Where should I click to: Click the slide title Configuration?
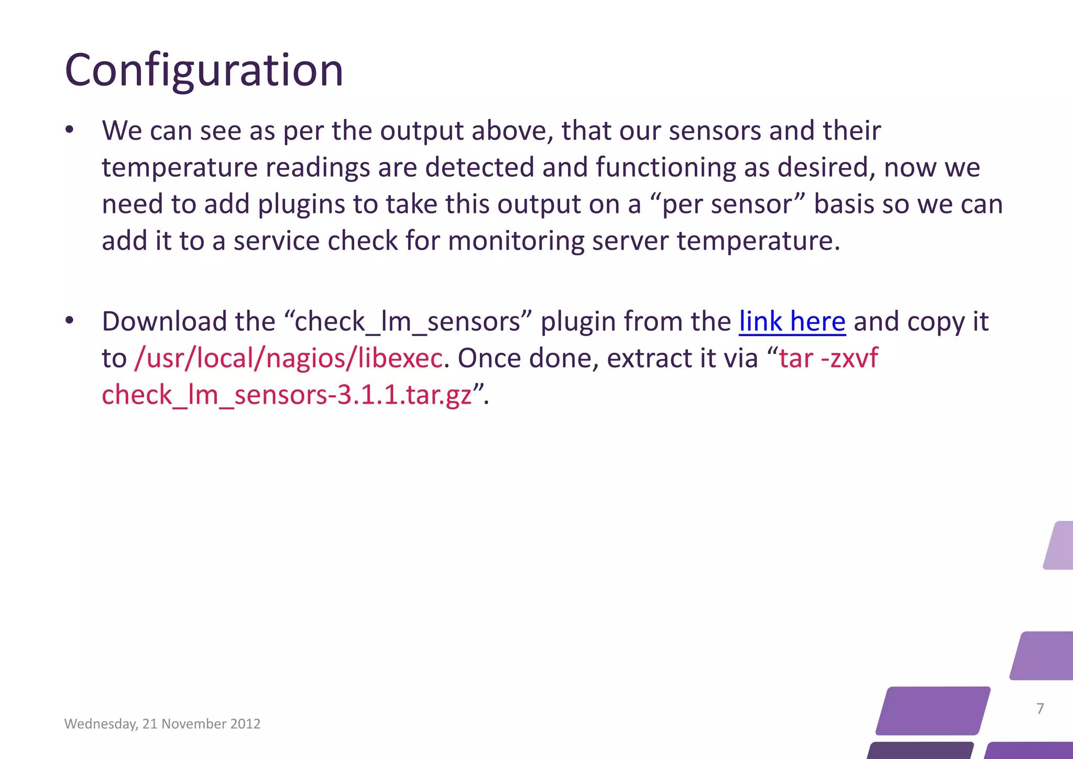(x=204, y=71)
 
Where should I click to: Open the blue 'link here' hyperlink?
(x=792, y=321)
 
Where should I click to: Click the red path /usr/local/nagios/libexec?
(x=288, y=359)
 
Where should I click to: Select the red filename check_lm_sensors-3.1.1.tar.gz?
(x=287, y=395)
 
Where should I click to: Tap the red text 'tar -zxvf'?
(x=828, y=359)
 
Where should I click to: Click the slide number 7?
(x=1040, y=709)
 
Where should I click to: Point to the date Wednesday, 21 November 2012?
(x=162, y=724)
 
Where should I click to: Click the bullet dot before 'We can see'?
(x=70, y=131)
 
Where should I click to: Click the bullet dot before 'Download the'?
(x=70, y=321)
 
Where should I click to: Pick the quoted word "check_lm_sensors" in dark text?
(x=408, y=321)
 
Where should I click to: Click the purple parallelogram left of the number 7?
(x=933, y=710)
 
